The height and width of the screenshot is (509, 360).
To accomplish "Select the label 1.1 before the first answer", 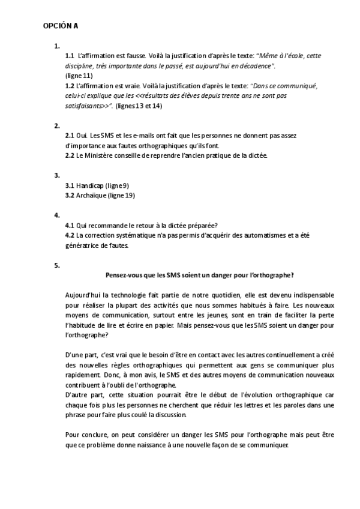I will coord(70,55).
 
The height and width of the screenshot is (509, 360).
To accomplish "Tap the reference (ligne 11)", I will coord(79,76).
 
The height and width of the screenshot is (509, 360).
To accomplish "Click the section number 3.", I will coord(57,175).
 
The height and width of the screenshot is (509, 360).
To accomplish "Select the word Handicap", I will coord(90,185).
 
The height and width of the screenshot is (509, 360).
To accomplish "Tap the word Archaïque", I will coord(91,196).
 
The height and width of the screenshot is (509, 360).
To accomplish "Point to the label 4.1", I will coord(70,225).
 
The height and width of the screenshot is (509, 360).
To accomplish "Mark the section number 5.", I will coord(57,265).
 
